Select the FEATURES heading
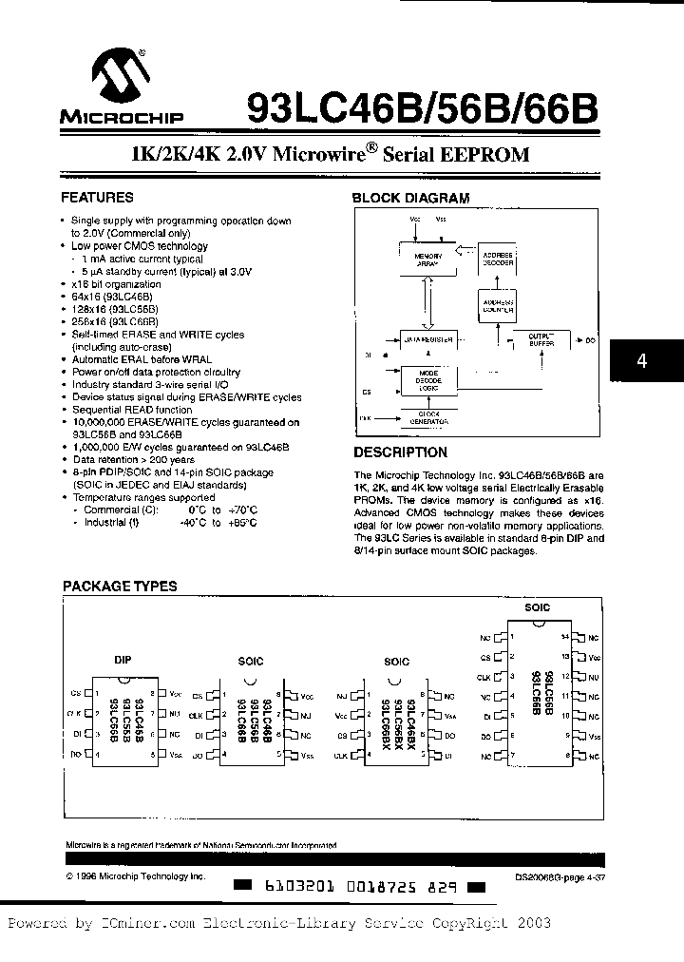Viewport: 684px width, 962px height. pos(97,198)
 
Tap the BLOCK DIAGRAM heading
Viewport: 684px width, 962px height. pos(410,198)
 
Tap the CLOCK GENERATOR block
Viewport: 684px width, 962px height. pos(427,417)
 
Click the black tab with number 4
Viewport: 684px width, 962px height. pos(642,362)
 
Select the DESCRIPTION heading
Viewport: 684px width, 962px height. pos(400,452)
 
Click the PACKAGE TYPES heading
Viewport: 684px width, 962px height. pos(120,587)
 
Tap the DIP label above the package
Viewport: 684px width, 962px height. pos(123,658)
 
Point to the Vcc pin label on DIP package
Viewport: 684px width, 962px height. pos(175,694)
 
